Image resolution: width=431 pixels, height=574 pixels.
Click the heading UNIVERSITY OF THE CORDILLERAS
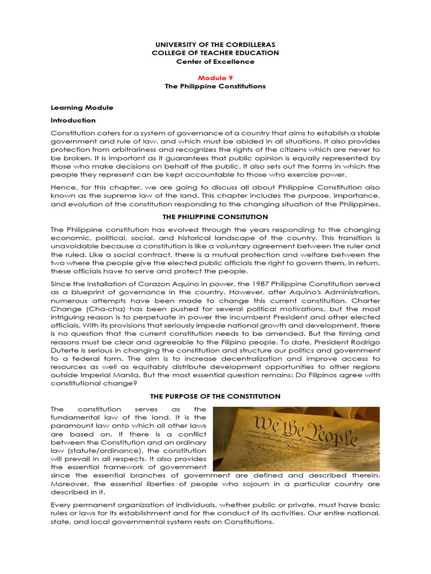point(215,44)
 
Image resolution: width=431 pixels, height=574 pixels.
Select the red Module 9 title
point(215,77)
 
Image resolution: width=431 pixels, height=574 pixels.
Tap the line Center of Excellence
point(215,62)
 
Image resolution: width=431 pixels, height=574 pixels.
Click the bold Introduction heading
point(74,121)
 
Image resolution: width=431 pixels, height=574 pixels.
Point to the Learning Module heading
point(82,107)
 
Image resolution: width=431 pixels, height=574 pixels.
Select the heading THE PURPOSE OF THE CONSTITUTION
point(215,396)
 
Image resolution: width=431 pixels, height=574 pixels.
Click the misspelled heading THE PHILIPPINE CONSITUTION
point(215,217)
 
